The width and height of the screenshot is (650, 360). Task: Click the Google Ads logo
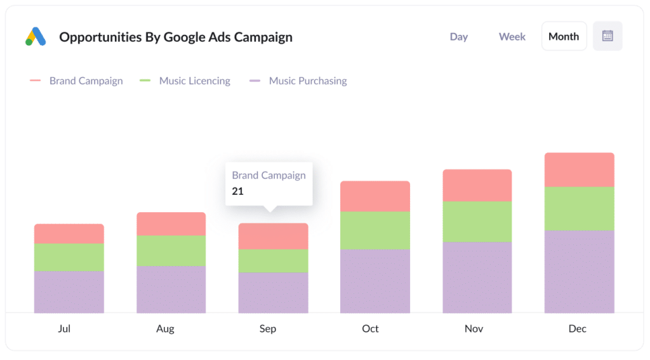(36, 37)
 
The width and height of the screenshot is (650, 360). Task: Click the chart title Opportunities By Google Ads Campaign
(176, 37)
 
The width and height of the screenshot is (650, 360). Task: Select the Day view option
(458, 37)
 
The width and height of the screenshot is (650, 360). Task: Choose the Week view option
(512, 37)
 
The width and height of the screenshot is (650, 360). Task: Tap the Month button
(564, 37)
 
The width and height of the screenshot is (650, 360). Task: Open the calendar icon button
(607, 36)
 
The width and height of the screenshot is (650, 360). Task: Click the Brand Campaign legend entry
(86, 81)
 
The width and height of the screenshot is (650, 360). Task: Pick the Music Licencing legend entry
(194, 81)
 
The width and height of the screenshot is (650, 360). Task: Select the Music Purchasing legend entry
(307, 81)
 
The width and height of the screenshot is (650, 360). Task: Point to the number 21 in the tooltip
(238, 191)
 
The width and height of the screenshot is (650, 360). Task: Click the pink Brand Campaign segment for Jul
(69, 234)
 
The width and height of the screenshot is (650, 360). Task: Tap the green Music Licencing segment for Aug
(171, 251)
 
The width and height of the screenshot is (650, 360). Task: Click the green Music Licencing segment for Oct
(375, 230)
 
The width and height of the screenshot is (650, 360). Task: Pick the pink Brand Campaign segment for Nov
(477, 185)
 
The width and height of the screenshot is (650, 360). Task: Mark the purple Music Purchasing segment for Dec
(579, 271)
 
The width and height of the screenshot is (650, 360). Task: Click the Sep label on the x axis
(268, 329)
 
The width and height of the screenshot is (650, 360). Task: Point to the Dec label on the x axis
(578, 329)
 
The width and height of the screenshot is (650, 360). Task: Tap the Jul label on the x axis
(64, 329)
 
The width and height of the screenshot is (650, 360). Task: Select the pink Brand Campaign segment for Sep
(274, 236)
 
